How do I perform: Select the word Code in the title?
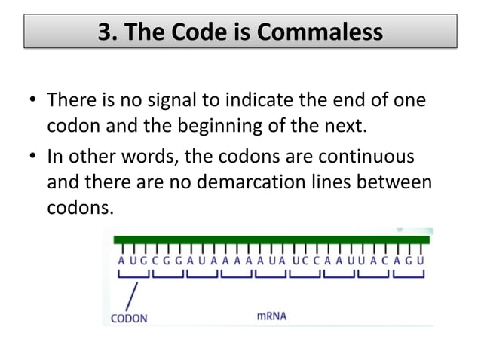coord(213,33)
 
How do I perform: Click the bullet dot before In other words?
coord(34,160)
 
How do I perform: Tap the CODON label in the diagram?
coord(129,317)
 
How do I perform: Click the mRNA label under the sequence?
coord(271,316)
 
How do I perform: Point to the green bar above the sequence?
coord(271,239)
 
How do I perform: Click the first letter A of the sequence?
coord(121,261)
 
